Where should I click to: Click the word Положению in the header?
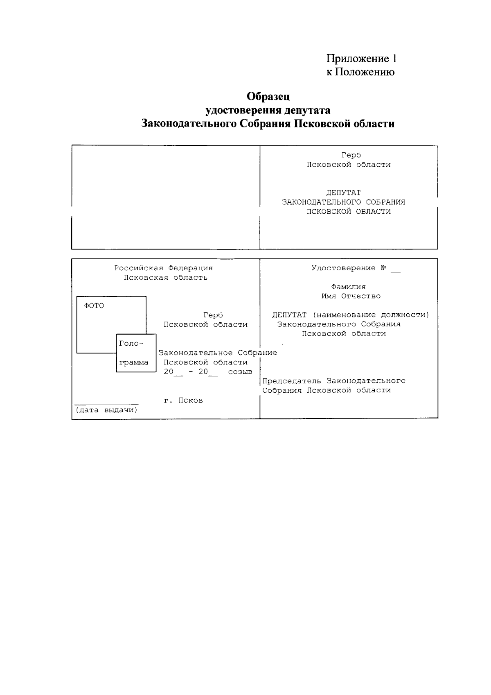pyautogui.click(x=365, y=72)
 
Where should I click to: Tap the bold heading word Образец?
pyautogui.click(x=268, y=97)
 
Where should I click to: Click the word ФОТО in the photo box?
pyautogui.click(x=94, y=306)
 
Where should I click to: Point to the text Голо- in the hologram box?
pyautogui.click(x=131, y=344)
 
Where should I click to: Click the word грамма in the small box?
pyautogui.click(x=134, y=362)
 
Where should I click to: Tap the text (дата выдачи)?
pyautogui.click(x=106, y=410)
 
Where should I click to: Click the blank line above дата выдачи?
pyautogui.click(x=106, y=405)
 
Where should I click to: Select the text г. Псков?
pyautogui.click(x=183, y=400)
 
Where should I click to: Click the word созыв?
pyautogui.click(x=240, y=372)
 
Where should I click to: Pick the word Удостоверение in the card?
pyautogui.click(x=343, y=268)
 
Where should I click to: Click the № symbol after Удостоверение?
pyautogui.click(x=383, y=268)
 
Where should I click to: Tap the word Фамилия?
pyautogui.click(x=349, y=287)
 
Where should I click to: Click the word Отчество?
pyautogui.click(x=361, y=296)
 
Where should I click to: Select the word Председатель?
pyautogui.click(x=292, y=381)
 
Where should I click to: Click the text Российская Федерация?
pyautogui.click(x=163, y=268)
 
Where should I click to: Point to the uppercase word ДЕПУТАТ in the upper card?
pyautogui.click(x=343, y=192)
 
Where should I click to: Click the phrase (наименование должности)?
pyautogui.click(x=371, y=315)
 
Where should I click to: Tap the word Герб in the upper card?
pyautogui.click(x=351, y=155)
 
